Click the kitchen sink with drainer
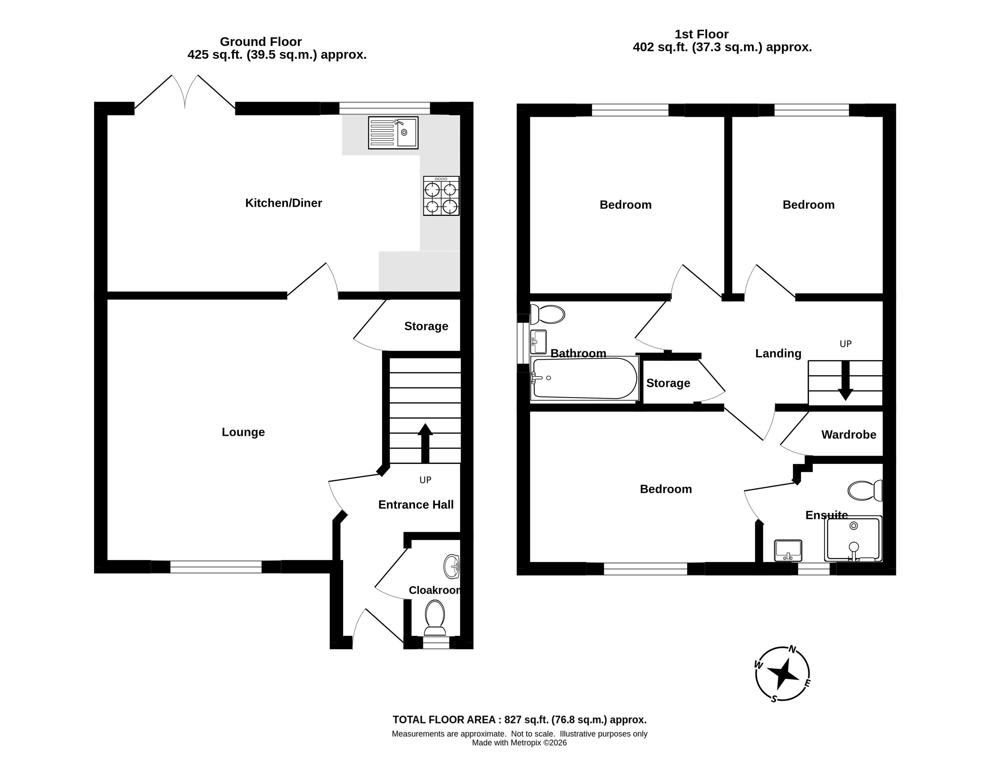pos(393,133)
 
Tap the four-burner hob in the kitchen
pos(441,196)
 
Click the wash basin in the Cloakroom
pos(452,567)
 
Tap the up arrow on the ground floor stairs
pos(425,443)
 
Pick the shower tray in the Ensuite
pos(853,539)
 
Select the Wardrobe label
pos(849,435)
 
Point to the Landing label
pos(778,353)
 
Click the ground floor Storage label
pos(426,326)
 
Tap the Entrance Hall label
pos(416,505)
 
